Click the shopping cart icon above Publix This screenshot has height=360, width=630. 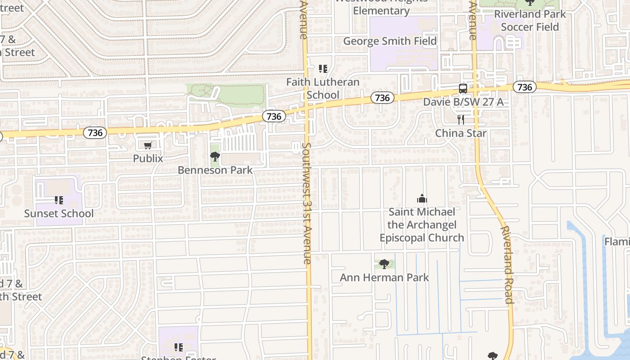[x=148, y=145]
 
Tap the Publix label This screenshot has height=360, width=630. [x=148, y=158]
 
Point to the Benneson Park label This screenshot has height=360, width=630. [x=215, y=170]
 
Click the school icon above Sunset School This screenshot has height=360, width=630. [x=59, y=200]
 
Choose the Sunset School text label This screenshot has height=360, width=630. [x=59, y=213]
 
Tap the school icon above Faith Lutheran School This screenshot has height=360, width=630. [x=323, y=69]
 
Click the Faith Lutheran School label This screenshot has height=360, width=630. [x=323, y=89]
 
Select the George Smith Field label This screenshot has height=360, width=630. [x=390, y=41]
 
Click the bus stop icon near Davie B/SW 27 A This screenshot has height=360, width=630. [x=463, y=89]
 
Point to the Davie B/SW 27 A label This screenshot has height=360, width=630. [x=463, y=102]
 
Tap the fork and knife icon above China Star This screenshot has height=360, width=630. [x=461, y=120]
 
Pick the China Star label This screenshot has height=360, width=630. [x=461, y=133]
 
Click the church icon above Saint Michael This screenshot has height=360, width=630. [x=422, y=198]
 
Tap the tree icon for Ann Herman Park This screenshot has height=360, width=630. [x=384, y=264]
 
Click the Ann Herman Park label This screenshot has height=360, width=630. [x=384, y=277]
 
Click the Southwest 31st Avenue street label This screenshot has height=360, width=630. [x=307, y=202]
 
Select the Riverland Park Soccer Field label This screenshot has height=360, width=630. [x=530, y=20]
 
